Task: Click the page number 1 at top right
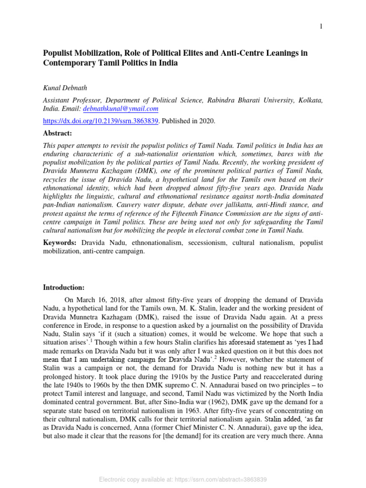(x=321, y=27)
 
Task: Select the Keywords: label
(x=60, y=243)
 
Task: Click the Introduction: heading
(x=63, y=287)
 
